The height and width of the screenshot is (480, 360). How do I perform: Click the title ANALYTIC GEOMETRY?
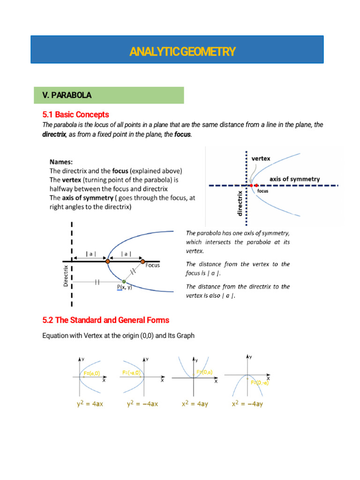(x=182, y=51)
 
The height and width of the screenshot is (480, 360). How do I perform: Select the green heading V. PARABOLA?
(x=67, y=95)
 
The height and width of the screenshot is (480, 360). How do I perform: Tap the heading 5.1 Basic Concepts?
(x=75, y=114)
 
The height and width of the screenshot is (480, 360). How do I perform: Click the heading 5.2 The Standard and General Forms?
(x=105, y=320)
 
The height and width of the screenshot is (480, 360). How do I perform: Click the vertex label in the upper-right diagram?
(x=261, y=158)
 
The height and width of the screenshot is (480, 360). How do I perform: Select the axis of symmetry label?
(x=295, y=179)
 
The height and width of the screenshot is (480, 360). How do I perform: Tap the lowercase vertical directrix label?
(x=240, y=203)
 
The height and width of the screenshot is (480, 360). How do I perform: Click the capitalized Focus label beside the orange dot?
(x=152, y=265)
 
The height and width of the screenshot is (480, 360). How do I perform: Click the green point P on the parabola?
(x=124, y=281)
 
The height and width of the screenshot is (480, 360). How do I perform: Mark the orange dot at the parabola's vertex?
(x=107, y=261)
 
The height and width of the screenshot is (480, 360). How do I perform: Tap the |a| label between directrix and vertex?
(x=91, y=254)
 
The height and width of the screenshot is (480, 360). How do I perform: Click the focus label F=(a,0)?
(x=91, y=373)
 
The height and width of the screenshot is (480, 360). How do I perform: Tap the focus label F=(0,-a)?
(x=259, y=382)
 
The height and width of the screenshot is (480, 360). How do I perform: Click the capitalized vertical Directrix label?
(x=66, y=276)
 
